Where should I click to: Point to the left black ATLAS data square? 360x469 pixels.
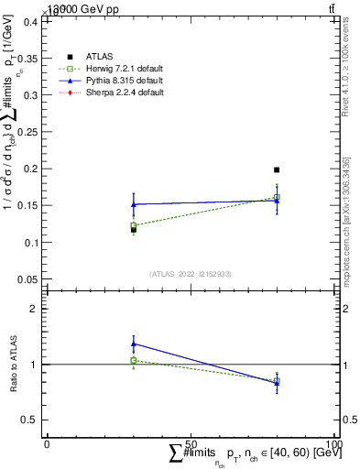pyautogui.click(x=134, y=229)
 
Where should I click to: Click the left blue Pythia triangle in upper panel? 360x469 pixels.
pyautogui.click(x=134, y=204)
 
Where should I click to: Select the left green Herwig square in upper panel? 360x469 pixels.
pyautogui.click(x=134, y=224)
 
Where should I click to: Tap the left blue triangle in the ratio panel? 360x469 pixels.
pyautogui.click(x=134, y=344)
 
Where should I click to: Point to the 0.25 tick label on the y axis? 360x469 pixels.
pyautogui.click(x=28, y=132)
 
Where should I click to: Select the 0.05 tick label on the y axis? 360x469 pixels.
pyautogui.click(x=28, y=278)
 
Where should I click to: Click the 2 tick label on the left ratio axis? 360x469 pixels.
pyautogui.click(x=35, y=309)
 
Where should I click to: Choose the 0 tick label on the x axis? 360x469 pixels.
pyautogui.click(x=48, y=444)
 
